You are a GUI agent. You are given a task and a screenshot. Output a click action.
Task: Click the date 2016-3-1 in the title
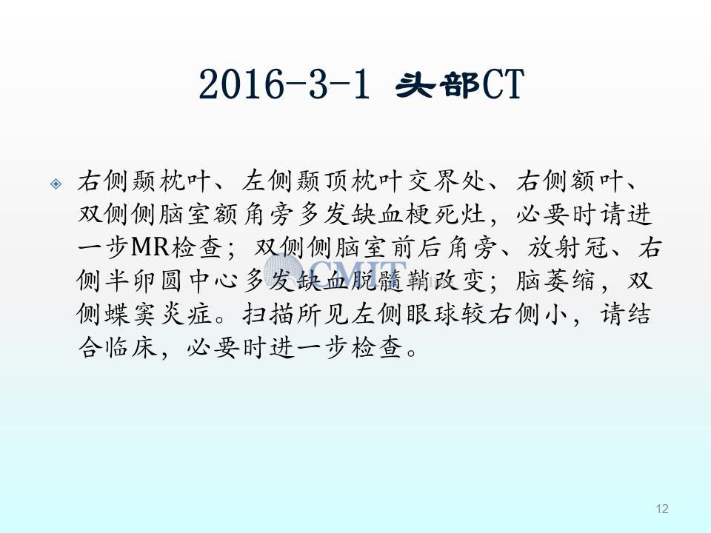(284, 84)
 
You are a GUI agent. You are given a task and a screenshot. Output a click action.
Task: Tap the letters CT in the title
(504, 84)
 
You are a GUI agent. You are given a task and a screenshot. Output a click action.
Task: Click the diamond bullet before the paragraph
(56, 184)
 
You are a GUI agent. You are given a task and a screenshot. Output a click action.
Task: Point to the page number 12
(662, 509)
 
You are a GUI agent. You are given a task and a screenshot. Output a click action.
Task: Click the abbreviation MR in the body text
(150, 248)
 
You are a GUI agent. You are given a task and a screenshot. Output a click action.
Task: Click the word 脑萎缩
(555, 281)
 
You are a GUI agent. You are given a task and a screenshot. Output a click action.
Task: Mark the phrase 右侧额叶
(570, 181)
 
